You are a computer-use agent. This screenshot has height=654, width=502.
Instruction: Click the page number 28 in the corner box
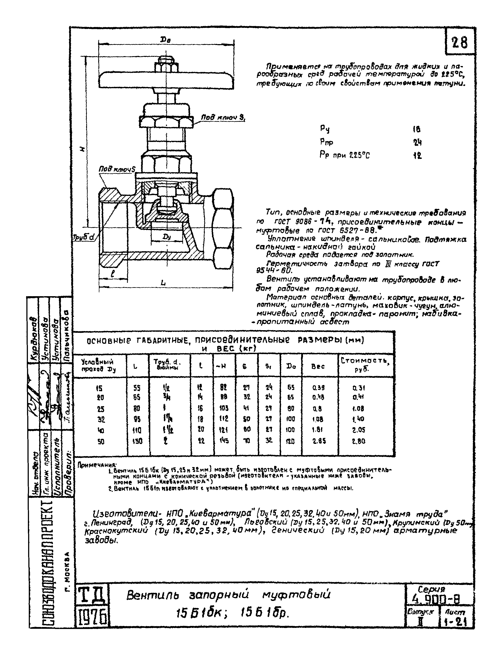tap(460, 43)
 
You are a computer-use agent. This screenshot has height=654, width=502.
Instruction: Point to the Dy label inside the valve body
tap(167, 237)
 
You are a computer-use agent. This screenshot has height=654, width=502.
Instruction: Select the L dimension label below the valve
tap(163, 283)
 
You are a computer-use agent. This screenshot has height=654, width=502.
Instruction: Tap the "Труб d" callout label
tap(84, 237)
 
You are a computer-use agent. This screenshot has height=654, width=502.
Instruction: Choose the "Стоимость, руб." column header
tap(365, 364)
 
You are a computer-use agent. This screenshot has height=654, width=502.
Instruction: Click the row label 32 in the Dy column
tap(101, 419)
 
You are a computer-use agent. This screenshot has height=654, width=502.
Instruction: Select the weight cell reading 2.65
tap(319, 441)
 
